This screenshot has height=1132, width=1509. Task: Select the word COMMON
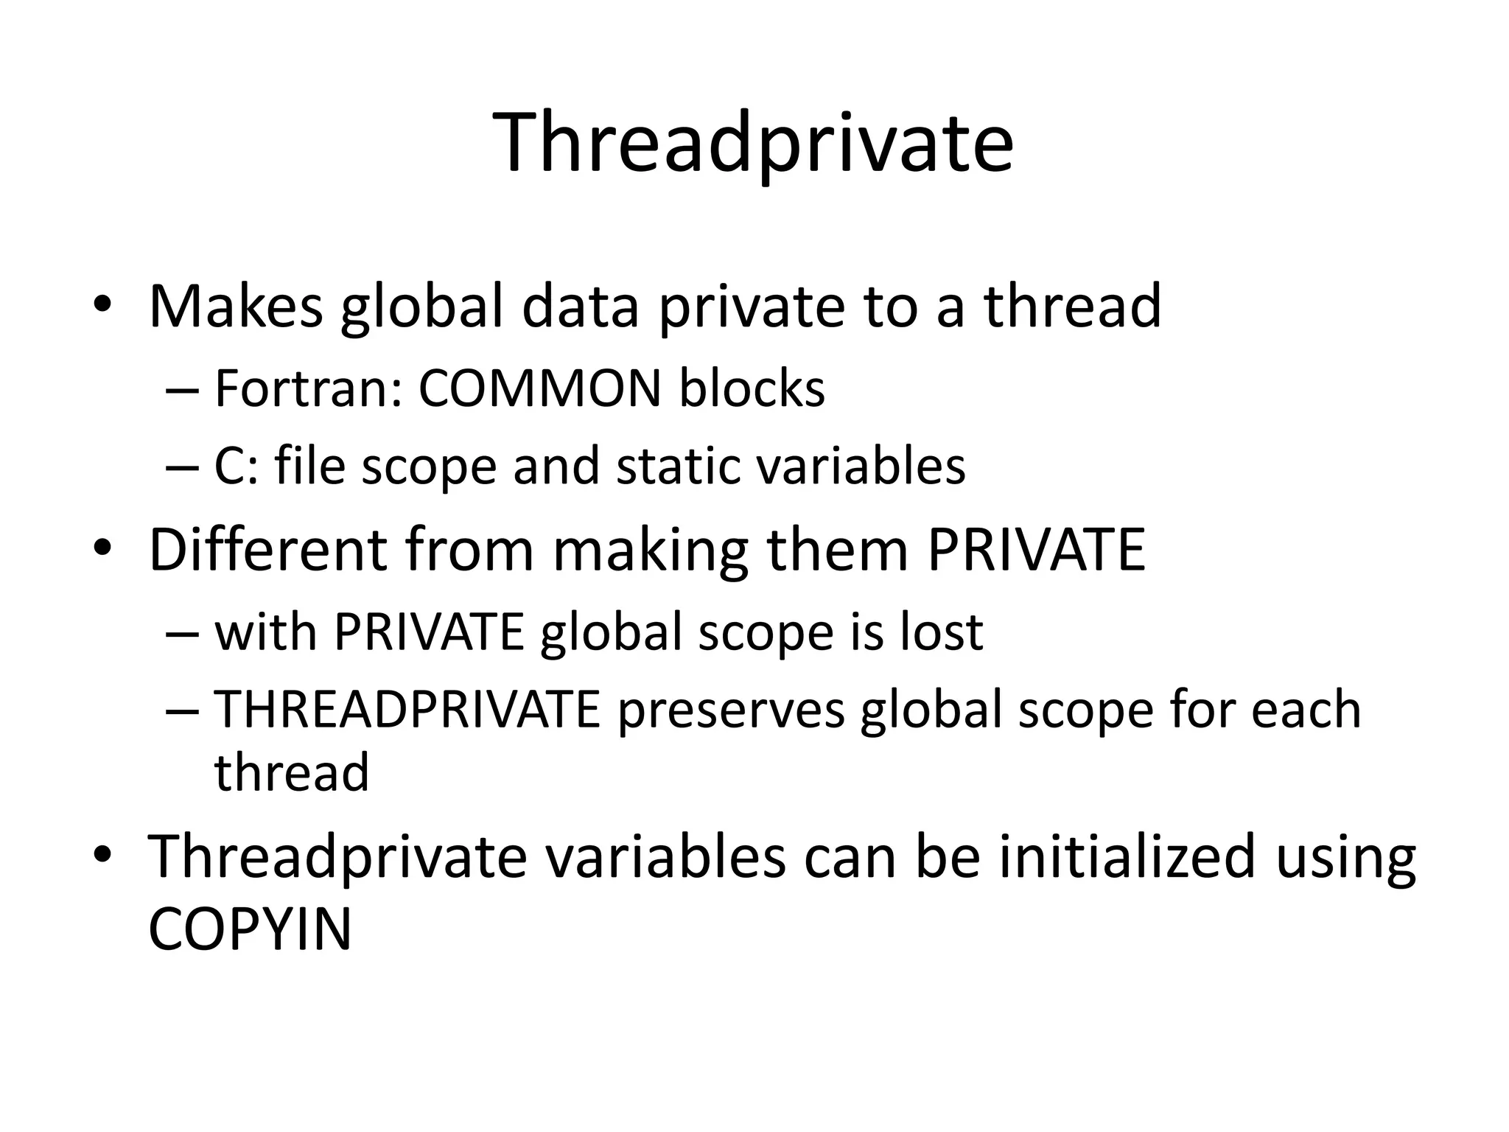[539, 388]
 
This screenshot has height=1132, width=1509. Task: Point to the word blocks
[752, 388]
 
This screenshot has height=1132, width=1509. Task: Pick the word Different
[267, 550]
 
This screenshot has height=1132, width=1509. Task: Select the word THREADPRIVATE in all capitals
[407, 710]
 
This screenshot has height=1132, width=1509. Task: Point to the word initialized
[1127, 856]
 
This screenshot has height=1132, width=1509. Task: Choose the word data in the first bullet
[580, 306]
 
